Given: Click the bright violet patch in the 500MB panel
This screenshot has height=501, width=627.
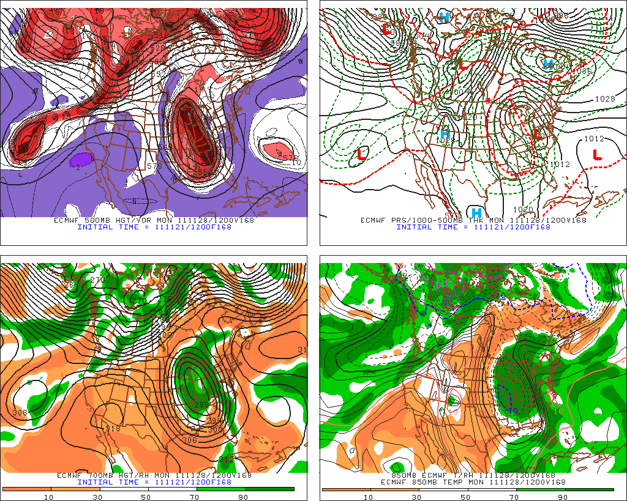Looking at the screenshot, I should click(x=81, y=160).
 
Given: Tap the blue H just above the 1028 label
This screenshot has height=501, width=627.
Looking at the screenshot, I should click(x=445, y=133).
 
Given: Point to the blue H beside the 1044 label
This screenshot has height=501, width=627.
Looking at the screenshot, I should click(x=548, y=63).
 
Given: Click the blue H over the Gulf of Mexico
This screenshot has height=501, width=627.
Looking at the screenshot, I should click(x=476, y=213).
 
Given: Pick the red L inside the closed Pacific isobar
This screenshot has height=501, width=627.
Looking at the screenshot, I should click(x=361, y=154).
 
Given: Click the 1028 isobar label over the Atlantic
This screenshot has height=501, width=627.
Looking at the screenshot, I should click(x=604, y=98).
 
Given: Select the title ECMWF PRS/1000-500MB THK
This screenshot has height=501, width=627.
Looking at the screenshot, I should click(x=416, y=220).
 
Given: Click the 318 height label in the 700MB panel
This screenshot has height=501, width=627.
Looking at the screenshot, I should click(x=113, y=428).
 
